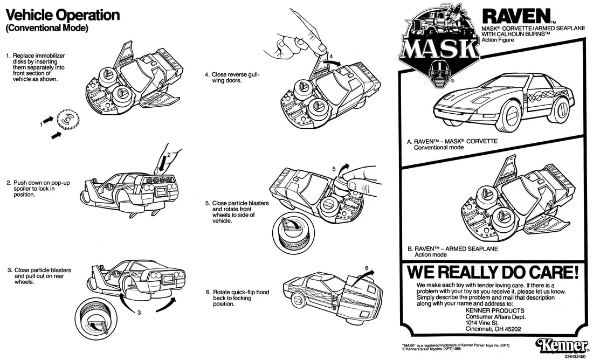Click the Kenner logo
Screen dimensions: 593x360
[x=561, y=345]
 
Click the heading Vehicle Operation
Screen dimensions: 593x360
[x=63, y=15]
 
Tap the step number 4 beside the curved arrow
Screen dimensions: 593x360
[x=331, y=57]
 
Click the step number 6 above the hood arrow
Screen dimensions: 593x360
[x=367, y=268]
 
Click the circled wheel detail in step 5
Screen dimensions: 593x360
[x=292, y=234]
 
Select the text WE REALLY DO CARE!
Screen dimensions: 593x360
[x=492, y=272]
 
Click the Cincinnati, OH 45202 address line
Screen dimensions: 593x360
[x=493, y=329]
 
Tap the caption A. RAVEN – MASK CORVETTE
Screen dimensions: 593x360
[x=452, y=141]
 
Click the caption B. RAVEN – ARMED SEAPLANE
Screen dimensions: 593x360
[x=453, y=249]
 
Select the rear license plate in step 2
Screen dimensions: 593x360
[x=163, y=192]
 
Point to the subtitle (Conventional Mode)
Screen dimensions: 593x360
[x=47, y=28]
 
